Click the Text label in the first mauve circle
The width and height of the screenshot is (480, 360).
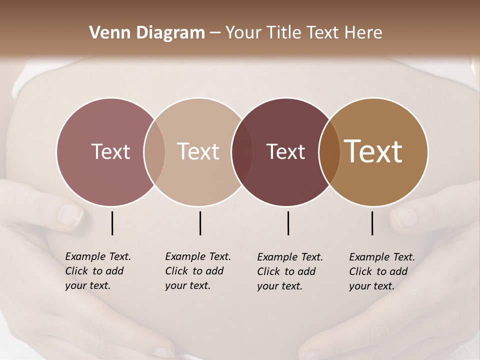[110, 151]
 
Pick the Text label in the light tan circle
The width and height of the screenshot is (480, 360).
[198, 151]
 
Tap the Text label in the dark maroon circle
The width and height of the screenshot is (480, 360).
[285, 151]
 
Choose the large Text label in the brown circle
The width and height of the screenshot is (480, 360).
[373, 151]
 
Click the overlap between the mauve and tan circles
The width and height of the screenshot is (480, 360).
[154, 151]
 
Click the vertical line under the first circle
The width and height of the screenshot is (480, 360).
[112, 223]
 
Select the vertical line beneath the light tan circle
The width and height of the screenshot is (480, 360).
[200, 223]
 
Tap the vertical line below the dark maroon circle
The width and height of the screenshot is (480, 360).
[288, 223]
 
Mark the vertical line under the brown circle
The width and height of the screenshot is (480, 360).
[372, 223]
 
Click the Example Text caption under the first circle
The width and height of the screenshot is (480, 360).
[98, 256]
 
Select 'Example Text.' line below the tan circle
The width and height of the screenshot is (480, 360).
[198, 256]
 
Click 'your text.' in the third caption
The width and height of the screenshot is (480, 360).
[279, 286]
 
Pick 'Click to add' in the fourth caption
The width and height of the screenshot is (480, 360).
[378, 271]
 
